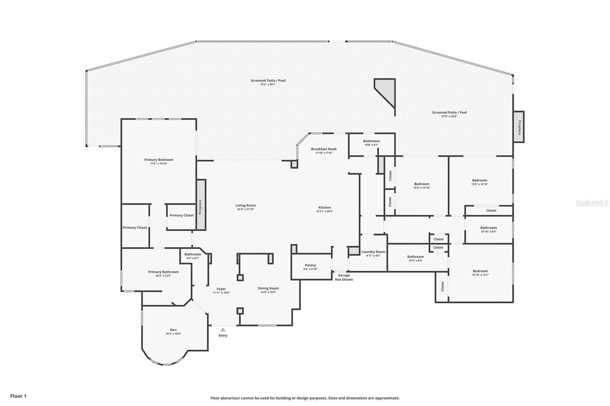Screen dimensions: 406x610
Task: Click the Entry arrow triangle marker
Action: click(x=223, y=330)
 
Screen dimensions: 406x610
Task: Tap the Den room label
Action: click(x=173, y=330)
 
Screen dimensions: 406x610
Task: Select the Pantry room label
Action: click(x=310, y=265)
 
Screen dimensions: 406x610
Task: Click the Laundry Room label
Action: click(x=373, y=252)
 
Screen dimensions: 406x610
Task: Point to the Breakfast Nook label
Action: click(x=324, y=149)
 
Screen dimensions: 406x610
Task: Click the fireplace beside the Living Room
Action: click(x=201, y=205)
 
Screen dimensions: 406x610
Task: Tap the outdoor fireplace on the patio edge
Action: click(x=518, y=127)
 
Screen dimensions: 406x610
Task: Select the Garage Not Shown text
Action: click(x=344, y=277)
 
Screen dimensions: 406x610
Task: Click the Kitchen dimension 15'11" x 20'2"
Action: click(x=324, y=211)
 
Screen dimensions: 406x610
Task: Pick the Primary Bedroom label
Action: click(x=159, y=160)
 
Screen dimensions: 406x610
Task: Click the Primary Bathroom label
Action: click(x=163, y=272)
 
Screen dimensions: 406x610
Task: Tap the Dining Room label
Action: click(x=268, y=288)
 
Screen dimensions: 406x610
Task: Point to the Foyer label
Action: click(x=221, y=289)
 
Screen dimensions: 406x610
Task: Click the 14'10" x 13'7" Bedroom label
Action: click(x=480, y=271)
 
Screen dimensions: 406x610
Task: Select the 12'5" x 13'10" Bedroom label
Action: click(x=422, y=184)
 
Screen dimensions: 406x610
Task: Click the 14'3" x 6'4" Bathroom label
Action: click(x=415, y=257)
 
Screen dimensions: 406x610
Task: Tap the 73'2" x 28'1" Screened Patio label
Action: click(x=268, y=81)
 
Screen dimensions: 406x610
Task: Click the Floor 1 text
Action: click(x=18, y=396)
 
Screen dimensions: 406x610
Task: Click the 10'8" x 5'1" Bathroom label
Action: click(x=371, y=141)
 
